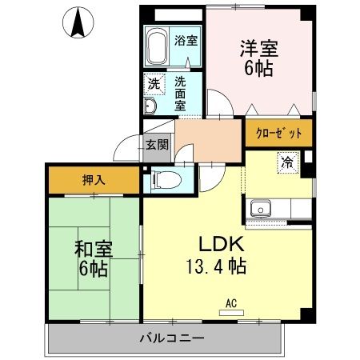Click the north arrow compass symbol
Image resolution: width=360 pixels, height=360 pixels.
[79, 22]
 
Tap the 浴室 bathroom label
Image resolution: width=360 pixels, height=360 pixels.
[186, 41]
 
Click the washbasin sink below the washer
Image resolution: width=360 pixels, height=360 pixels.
[151, 107]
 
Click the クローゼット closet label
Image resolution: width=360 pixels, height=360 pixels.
[278, 134]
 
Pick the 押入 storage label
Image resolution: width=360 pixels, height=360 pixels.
[93, 180]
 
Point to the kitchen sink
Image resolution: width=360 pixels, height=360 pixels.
[261, 210]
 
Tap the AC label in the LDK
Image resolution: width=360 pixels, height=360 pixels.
[231, 303]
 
